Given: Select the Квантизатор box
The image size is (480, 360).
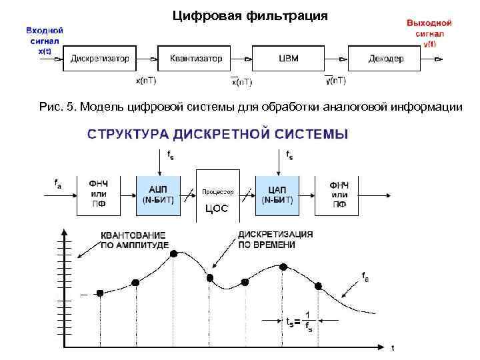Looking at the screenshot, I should click(196, 59).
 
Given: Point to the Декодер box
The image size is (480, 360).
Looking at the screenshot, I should click(386, 59).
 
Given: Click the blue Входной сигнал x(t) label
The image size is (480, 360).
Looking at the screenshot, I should click(45, 40).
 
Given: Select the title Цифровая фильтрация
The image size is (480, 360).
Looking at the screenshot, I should click(250, 15).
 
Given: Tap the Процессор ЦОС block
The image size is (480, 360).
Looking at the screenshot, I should click(218, 198).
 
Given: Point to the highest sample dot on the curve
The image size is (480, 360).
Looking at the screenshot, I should click(174, 254).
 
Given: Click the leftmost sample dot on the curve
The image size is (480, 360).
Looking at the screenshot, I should click(100, 293).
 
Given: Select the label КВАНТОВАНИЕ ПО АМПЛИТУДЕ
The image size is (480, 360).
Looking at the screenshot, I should click(133, 240).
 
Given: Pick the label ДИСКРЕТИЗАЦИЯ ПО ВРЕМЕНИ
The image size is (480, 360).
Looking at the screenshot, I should click(275, 240).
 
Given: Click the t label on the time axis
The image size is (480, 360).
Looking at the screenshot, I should click(393, 347).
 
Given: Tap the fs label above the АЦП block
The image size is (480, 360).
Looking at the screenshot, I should click(171, 156).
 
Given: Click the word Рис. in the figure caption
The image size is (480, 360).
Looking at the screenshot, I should click(51, 107).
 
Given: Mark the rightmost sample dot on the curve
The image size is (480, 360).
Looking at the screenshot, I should click(318, 286).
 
